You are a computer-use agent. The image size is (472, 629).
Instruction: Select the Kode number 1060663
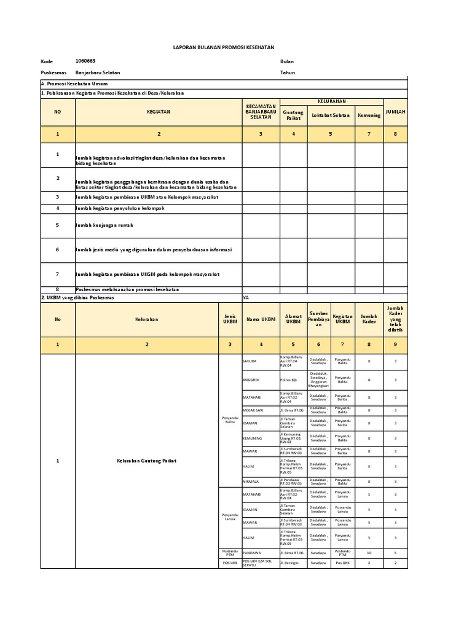pos(85,61)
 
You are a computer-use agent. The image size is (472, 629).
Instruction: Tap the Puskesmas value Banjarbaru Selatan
pos(98,72)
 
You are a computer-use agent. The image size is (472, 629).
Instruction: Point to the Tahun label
pos(288,72)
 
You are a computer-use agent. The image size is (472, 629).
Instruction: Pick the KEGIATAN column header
pos(158,112)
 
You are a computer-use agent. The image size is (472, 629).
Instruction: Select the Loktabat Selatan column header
pos(331,115)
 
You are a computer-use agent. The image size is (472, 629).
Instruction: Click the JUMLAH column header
pos(395,112)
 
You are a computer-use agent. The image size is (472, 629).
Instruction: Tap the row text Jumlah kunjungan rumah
pos(104,225)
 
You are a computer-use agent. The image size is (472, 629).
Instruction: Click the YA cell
pos(246,297)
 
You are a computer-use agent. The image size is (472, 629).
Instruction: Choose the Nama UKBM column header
pos(261,319)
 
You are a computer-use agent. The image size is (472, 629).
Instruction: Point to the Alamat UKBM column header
pos(293,319)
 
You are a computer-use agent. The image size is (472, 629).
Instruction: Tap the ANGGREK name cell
pos(251,380)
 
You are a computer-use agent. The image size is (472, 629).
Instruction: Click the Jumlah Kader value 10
pos(369,553)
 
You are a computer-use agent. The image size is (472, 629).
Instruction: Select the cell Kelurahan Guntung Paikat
pos(146,461)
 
